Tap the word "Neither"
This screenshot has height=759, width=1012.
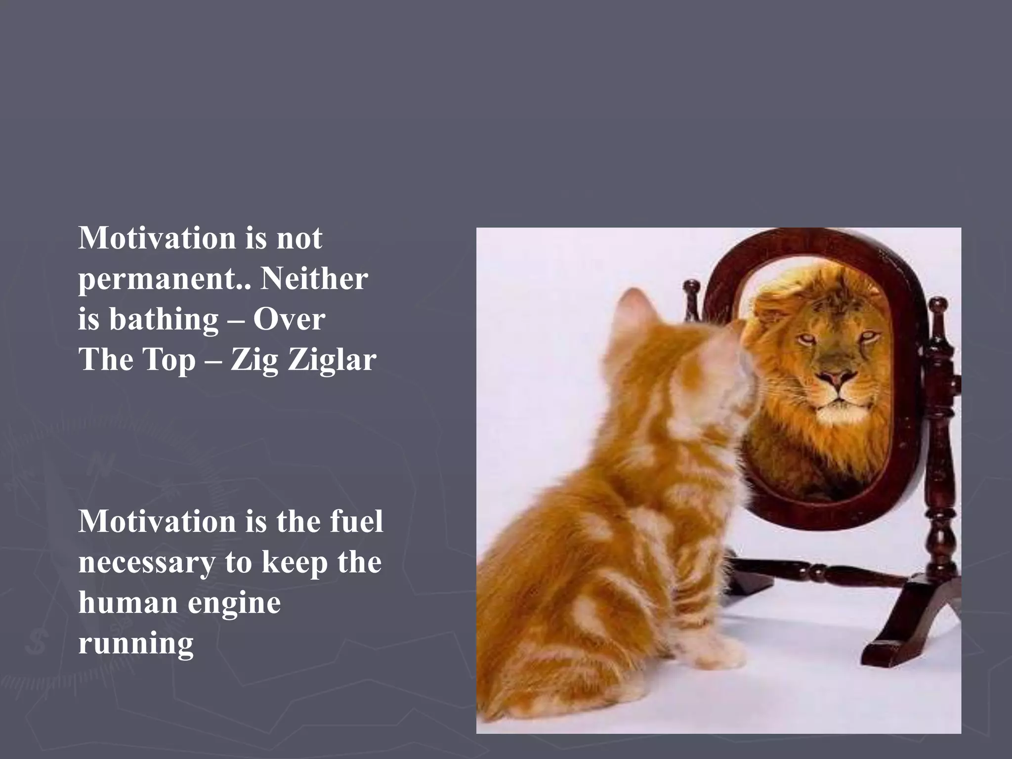pos(314,279)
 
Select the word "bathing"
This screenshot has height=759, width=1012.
pos(164,319)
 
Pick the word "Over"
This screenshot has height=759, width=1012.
pos(289,319)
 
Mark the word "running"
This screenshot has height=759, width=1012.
pos(136,643)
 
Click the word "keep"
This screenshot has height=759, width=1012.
pos(295,562)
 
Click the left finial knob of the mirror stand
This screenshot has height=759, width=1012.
pos(691,287)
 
